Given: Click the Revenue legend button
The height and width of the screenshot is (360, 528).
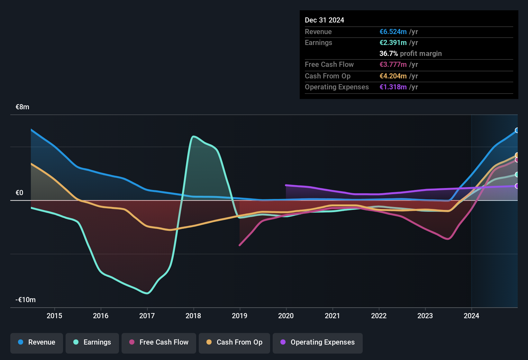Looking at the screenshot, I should tap(37, 342).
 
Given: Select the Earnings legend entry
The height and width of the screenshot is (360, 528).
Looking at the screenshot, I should tap(92, 342).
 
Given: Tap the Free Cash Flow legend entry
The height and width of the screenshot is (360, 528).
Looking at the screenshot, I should tap(159, 342).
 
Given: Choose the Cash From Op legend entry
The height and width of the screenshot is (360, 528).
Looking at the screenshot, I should tap(234, 342).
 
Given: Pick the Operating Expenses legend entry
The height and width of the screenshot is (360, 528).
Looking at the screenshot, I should tap(318, 342).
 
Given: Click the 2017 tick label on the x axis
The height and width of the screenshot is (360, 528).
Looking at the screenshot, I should tap(147, 316).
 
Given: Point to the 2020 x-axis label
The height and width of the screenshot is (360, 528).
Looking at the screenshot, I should tap(286, 316).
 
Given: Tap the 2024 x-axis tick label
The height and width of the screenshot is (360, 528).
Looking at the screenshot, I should tap(471, 316).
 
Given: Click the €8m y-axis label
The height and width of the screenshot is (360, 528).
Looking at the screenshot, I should tap(23, 107).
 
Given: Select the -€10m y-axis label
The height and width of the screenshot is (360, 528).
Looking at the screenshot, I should tap(26, 300).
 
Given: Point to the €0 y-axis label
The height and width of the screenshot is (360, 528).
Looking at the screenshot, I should tap(20, 193).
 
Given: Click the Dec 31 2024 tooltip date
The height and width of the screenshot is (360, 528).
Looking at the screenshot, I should tap(324, 20).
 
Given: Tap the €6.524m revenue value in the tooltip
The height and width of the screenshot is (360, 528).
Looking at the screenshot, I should tap(393, 32).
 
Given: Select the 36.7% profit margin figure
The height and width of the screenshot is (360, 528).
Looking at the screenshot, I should tap(388, 54).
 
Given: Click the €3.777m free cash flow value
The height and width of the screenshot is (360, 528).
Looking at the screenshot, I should tap(393, 65).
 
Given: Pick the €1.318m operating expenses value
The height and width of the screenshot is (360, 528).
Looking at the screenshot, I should tap(393, 87).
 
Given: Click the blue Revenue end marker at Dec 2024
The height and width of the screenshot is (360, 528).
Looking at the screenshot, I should tap(517, 130).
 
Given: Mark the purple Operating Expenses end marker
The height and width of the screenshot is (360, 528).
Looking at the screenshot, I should tap(517, 186).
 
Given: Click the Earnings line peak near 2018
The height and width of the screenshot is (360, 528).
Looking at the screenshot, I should tap(193, 137).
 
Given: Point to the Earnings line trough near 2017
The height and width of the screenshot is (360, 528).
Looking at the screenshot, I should tap(147, 293).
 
